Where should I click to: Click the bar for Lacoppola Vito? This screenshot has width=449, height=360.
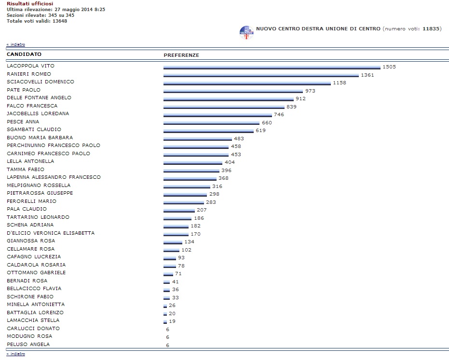(272, 67)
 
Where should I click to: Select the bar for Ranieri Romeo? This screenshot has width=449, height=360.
(261, 76)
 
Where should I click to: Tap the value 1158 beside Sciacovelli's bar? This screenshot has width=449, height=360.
(340, 83)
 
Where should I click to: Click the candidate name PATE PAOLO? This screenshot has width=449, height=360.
(24, 90)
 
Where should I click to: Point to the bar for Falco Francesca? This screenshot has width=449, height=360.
(223, 107)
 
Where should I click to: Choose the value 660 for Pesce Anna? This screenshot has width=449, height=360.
(267, 122)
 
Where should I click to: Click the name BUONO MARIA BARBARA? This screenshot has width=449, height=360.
(40, 137)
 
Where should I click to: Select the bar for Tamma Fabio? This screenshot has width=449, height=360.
(191, 171)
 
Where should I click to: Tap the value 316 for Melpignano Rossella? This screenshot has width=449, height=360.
(218, 186)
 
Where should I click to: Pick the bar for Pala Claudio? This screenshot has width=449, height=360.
(179, 210)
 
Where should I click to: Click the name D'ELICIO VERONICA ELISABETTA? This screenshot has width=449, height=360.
(51, 233)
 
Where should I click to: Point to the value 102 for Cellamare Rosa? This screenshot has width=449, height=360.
(186, 250)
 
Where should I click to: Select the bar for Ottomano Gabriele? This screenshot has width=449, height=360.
(168, 274)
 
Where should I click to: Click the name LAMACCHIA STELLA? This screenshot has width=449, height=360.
(33, 320)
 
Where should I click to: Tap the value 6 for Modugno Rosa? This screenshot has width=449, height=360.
(167, 337)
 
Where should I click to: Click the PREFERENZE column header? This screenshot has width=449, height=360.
(181, 55)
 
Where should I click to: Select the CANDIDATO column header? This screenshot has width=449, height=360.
(24, 54)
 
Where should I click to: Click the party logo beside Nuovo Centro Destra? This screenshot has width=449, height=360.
(246, 32)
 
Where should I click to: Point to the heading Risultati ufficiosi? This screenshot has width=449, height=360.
(30, 3)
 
